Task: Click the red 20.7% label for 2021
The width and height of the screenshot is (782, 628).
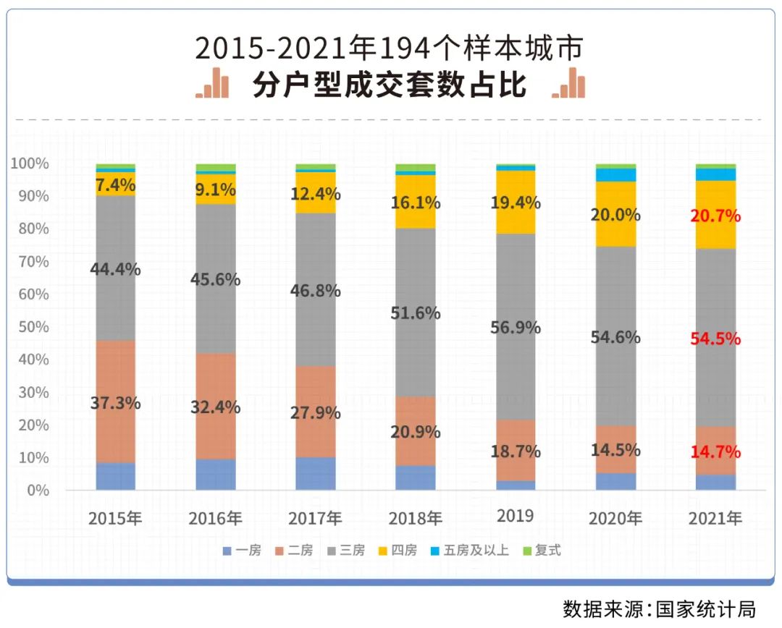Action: (715, 216)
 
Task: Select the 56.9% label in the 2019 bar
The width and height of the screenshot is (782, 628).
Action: (515, 328)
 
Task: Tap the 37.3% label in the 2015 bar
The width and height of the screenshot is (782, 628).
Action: (115, 404)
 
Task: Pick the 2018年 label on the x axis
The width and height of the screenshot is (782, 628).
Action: (415, 518)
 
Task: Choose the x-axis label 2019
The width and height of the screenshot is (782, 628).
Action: (515, 516)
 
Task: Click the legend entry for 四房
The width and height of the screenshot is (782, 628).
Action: (397, 551)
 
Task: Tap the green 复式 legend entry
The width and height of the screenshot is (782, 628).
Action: (542, 551)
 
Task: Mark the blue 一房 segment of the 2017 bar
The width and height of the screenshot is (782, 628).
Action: (316, 474)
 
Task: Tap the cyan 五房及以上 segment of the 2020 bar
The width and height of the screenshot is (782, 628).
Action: (615, 175)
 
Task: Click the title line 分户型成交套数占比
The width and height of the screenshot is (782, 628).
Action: (390, 85)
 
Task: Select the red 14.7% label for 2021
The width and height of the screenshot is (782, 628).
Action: (715, 452)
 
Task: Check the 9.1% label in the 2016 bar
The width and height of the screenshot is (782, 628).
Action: (216, 190)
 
